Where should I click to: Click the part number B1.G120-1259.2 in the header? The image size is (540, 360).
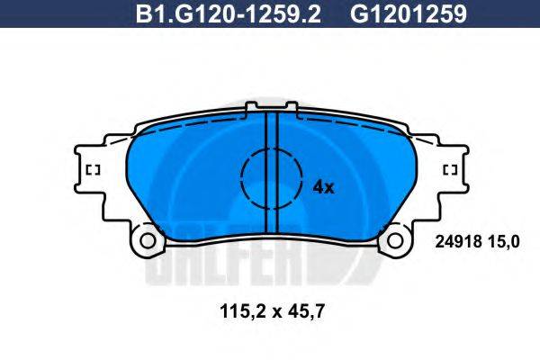click(229, 14)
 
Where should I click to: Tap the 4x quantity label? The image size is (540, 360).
click(322, 187)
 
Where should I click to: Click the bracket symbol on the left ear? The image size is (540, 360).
click(92, 169)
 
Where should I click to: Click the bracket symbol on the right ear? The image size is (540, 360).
click(449, 169)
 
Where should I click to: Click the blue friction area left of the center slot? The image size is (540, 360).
click(189, 180)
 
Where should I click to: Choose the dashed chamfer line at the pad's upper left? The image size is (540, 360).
click(180, 129)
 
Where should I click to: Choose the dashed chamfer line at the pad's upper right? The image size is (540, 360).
click(360, 129)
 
